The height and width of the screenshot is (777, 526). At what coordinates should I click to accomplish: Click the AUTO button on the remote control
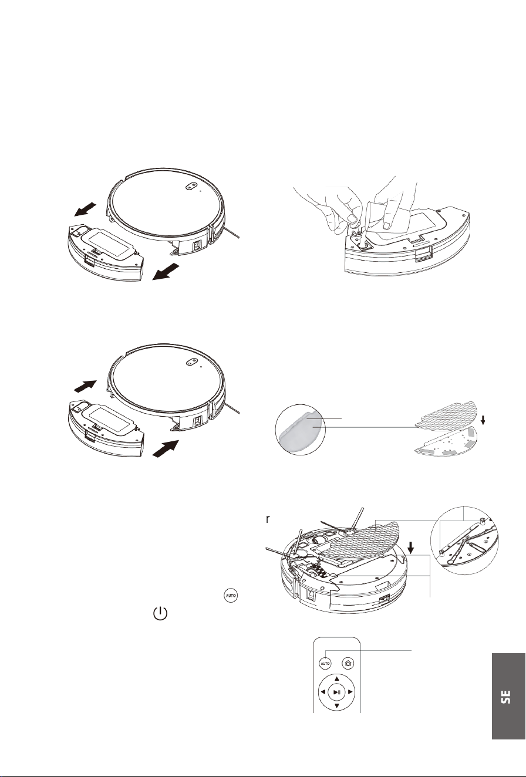point(325,664)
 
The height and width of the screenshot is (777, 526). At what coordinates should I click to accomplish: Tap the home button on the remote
point(348,664)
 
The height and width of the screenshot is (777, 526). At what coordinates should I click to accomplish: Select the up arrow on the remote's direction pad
point(336,678)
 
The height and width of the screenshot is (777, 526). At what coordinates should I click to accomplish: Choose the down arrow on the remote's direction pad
point(336,706)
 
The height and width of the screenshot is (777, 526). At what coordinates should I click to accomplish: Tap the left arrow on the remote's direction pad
point(323,692)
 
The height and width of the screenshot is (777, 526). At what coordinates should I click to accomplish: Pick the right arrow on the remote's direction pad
point(350,692)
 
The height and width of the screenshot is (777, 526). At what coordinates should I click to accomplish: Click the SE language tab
point(508,696)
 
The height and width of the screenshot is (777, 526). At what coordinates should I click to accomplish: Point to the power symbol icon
point(160,614)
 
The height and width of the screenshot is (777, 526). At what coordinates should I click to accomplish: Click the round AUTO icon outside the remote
point(231,596)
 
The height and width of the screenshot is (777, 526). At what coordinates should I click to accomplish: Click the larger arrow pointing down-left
point(166,272)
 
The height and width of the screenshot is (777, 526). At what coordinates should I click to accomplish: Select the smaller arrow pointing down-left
point(85,209)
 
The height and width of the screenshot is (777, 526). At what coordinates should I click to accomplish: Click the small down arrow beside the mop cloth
point(483,420)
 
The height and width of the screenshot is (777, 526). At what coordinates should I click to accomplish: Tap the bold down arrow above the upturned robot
point(411,548)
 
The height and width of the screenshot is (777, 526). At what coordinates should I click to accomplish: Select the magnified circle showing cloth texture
point(300,429)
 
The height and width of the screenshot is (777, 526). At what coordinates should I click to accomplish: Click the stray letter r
point(268,519)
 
